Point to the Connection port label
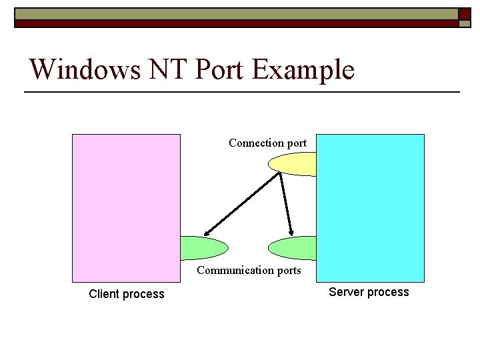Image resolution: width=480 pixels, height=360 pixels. coord(267,143)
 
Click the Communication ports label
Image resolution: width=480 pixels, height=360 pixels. coord(249,270)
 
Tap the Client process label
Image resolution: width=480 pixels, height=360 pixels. coord(126,294)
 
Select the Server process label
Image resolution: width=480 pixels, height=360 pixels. coord(369,292)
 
